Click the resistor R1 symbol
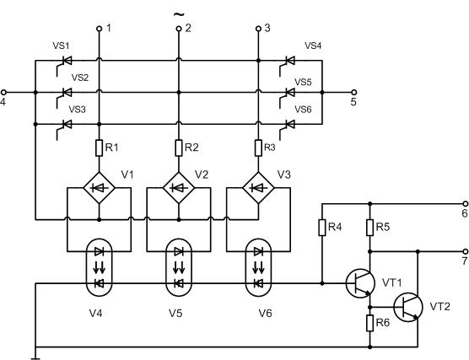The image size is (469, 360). (x=99, y=148)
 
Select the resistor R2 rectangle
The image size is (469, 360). (x=179, y=148)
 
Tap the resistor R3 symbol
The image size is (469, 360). (x=258, y=148)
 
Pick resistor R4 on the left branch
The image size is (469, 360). (x=322, y=228)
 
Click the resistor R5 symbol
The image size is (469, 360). (x=370, y=228)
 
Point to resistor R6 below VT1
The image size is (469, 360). (x=370, y=323)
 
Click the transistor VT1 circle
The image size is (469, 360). (x=360, y=283)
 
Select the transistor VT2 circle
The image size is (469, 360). (x=408, y=307)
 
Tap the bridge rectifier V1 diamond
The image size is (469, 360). (x=99, y=188)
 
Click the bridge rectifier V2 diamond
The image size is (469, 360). (x=179, y=188)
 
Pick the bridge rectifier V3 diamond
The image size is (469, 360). (x=258, y=188)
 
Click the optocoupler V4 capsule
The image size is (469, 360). (x=99, y=267)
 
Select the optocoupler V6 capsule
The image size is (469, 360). (x=258, y=267)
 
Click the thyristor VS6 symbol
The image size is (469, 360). (x=287, y=128)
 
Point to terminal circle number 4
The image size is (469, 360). (x=3, y=93)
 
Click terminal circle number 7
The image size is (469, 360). (x=466, y=251)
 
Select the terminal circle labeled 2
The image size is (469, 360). (x=179, y=29)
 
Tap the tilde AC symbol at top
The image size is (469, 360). (x=179, y=14)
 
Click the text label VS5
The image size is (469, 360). (x=303, y=82)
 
